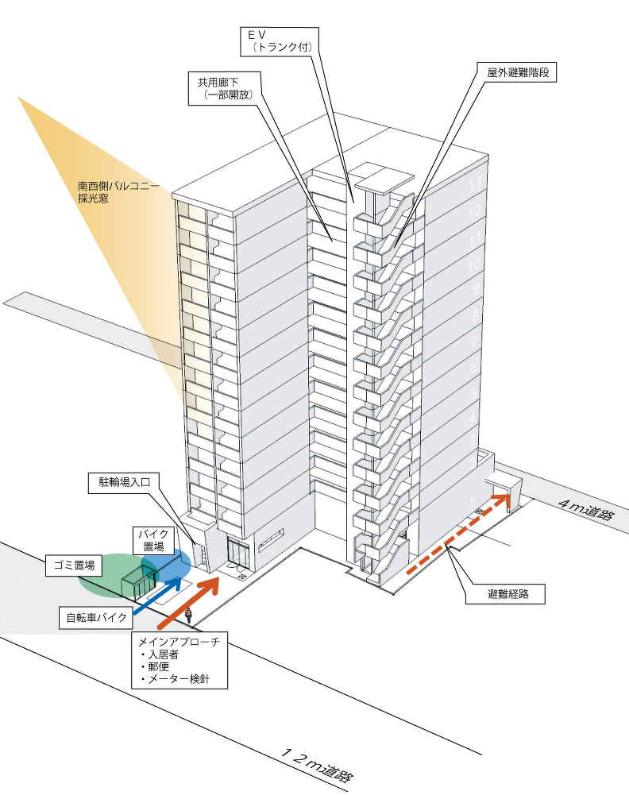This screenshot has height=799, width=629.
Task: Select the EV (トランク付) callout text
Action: point(282,41)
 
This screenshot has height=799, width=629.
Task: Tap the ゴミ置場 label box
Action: point(74,565)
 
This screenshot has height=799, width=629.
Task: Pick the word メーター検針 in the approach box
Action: point(180,679)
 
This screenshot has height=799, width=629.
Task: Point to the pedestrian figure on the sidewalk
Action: point(189,615)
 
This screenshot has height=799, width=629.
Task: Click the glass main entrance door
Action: point(237,552)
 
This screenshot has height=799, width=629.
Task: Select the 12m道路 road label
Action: point(318,766)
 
